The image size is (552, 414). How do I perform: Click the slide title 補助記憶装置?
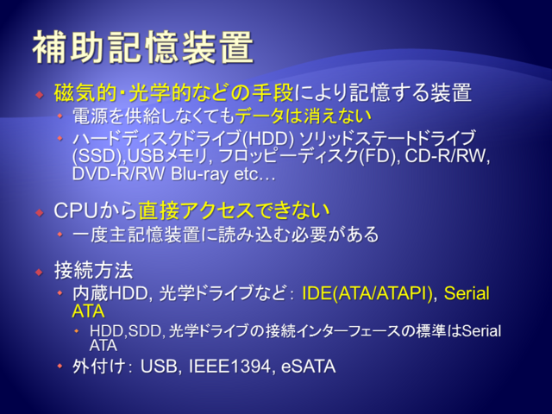[x=143, y=47]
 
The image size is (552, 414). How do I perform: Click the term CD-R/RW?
[x=446, y=155]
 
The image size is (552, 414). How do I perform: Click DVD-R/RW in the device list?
[x=118, y=173]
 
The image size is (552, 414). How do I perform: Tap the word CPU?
[x=76, y=210]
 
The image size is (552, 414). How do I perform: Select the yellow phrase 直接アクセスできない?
[x=234, y=210]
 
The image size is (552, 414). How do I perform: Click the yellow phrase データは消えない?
[x=303, y=116]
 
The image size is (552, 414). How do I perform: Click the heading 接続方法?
[x=94, y=270]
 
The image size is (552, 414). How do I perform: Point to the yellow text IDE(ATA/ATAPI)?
[x=367, y=293]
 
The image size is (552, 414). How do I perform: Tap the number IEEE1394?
[x=230, y=366]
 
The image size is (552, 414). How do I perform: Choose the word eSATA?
[x=309, y=366]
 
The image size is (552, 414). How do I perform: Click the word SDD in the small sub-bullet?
[x=145, y=331]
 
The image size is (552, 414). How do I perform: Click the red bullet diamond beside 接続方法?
[x=40, y=273]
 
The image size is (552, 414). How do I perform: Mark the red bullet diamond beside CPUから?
[x=40, y=212]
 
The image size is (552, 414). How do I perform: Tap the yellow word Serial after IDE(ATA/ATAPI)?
[x=467, y=293]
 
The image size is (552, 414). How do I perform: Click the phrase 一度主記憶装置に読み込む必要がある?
[x=225, y=235]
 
